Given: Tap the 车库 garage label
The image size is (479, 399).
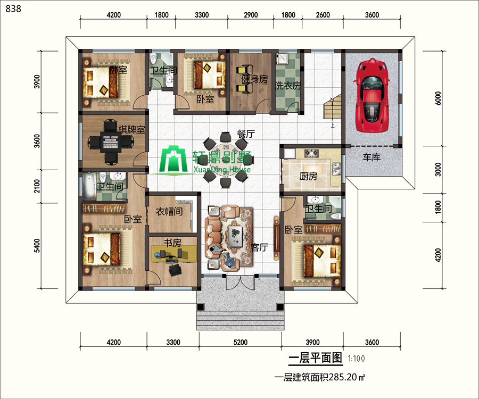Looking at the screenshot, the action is click(x=371, y=157).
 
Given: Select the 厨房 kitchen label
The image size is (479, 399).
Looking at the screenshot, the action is click(x=308, y=176).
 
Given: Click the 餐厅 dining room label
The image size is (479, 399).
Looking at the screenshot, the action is click(x=246, y=134).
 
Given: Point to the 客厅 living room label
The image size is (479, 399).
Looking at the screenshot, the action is click(x=259, y=247).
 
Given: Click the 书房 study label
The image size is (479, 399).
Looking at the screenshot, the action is click(x=172, y=243).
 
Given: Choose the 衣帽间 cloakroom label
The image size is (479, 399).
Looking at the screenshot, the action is click(x=169, y=211).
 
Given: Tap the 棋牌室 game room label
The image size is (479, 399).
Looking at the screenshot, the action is click(x=131, y=130).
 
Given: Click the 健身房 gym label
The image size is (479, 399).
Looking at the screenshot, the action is click(x=254, y=79).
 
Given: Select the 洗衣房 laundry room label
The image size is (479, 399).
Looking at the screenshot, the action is click(x=287, y=86).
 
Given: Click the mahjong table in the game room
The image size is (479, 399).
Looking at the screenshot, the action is click(x=110, y=142).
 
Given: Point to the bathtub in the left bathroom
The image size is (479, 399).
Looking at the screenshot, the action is click(x=89, y=186).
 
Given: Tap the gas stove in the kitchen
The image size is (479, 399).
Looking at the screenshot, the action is click(x=311, y=153).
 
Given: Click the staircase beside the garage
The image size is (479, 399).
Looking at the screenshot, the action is click(x=332, y=109).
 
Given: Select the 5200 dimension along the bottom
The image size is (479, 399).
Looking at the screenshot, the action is click(x=241, y=342).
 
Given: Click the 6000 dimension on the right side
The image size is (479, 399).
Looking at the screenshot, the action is click(x=438, y=98).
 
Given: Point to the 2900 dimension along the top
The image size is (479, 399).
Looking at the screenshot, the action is click(x=251, y=15).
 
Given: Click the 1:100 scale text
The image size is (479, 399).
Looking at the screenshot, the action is click(x=356, y=359).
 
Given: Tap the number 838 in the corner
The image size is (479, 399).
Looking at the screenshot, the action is click(x=13, y=9).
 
